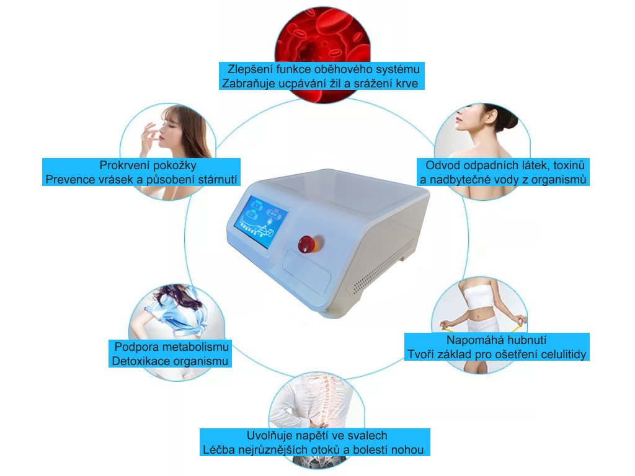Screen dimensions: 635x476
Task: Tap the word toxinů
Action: tap(563, 165)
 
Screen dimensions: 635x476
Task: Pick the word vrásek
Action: tap(113, 180)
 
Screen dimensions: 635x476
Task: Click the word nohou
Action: tap(410, 450)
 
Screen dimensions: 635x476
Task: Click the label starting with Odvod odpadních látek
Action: tap(504, 172)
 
